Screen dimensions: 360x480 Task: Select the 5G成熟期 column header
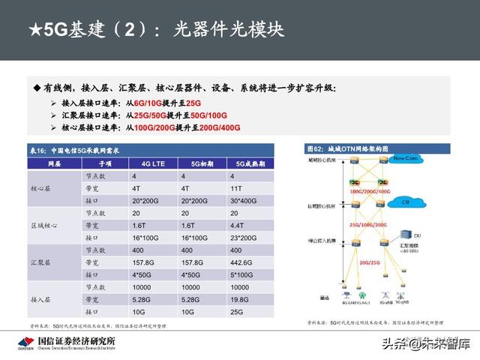pos(247,162)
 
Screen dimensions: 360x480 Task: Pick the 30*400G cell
pos(246,201)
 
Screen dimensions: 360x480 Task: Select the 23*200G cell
pos(246,237)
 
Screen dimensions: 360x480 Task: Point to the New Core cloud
pos(406,159)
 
